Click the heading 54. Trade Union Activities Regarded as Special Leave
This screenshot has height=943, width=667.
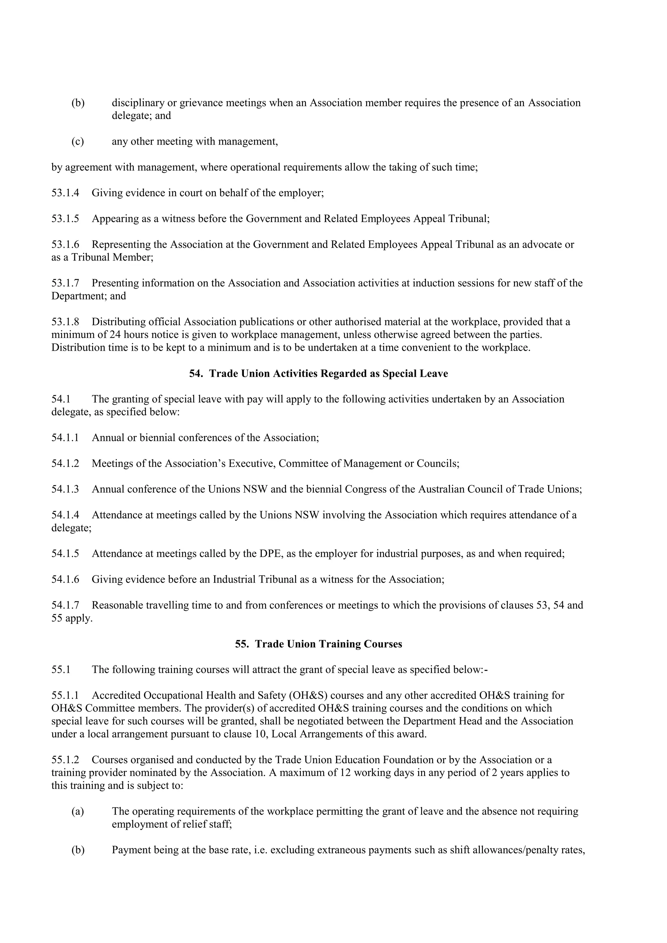(318, 373)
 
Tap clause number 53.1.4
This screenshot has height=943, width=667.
(65, 193)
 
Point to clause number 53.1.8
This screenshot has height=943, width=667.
(65, 322)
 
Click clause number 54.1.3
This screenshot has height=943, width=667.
(65, 489)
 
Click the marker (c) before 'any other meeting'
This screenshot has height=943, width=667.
(78, 141)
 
